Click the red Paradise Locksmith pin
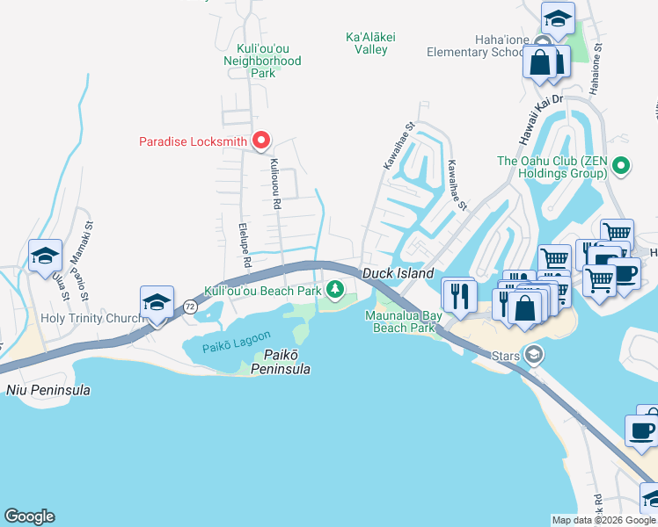[x=261, y=141]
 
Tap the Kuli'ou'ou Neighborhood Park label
[x=262, y=61]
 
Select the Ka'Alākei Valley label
[x=366, y=43]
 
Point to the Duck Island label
[x=398, y=274]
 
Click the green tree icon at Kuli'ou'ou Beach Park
[x=334, y=290]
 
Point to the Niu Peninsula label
[x=48, y=390]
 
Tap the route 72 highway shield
[x=190, y=307]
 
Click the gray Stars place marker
[x=533, y=355]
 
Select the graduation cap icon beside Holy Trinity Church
[x=157, y=303]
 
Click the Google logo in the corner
[x=29, y=516]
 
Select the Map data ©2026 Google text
[x=603, y=520]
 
